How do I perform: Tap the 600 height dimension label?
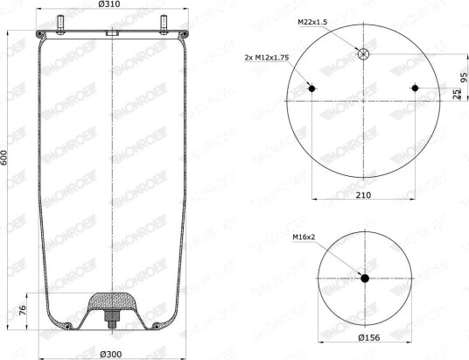pos(3,158)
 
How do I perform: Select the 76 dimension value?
pos(23,310)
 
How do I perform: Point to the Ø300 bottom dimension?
pos(110,355)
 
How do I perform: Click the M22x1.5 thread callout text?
pos(312,22)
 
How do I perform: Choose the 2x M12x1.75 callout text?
pos(267,58)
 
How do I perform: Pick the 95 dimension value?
pos(464,77)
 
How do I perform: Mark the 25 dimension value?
pos(456,94)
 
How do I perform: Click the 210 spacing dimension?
pos(363,195)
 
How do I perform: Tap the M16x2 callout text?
pos(304,237)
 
